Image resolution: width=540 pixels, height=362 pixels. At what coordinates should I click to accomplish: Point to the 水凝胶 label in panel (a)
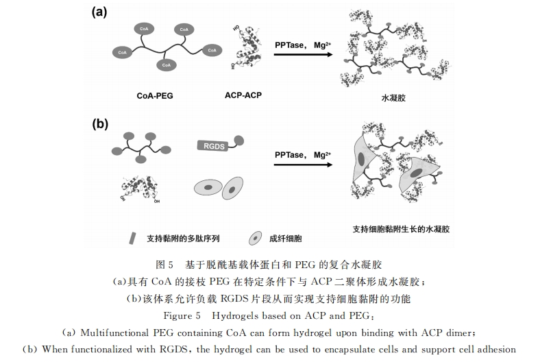(393, 98)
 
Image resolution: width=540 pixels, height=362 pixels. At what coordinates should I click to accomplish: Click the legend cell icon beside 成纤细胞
(255, 238)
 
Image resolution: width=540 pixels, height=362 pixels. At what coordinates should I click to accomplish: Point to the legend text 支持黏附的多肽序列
(183, 238)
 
